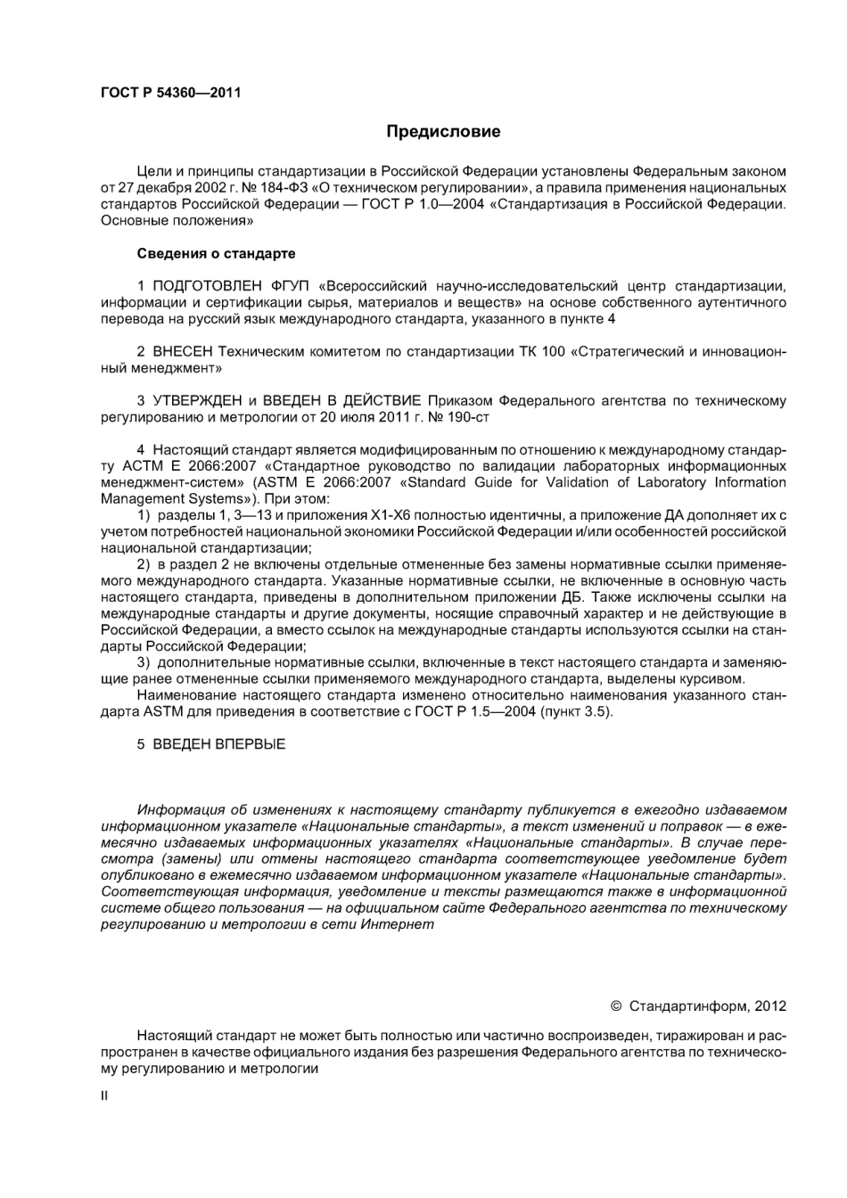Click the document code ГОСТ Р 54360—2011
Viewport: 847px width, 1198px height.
pyautogui.click(x=169, y=92)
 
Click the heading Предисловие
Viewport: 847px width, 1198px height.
pyautogui.click(x=443, y=132)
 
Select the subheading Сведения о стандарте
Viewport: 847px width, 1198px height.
pyautogui.click(x=216, y=253)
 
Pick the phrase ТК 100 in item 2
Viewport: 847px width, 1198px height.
pyautogui.click(x=541, y=351)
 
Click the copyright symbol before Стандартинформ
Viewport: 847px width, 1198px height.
pyautogui.click(x=615, y=1005)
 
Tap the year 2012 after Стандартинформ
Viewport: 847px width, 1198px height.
pyautogui.click(x=769, y=1005)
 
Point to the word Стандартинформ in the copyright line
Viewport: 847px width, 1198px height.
pyautogui.click(x=687, y=1005)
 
